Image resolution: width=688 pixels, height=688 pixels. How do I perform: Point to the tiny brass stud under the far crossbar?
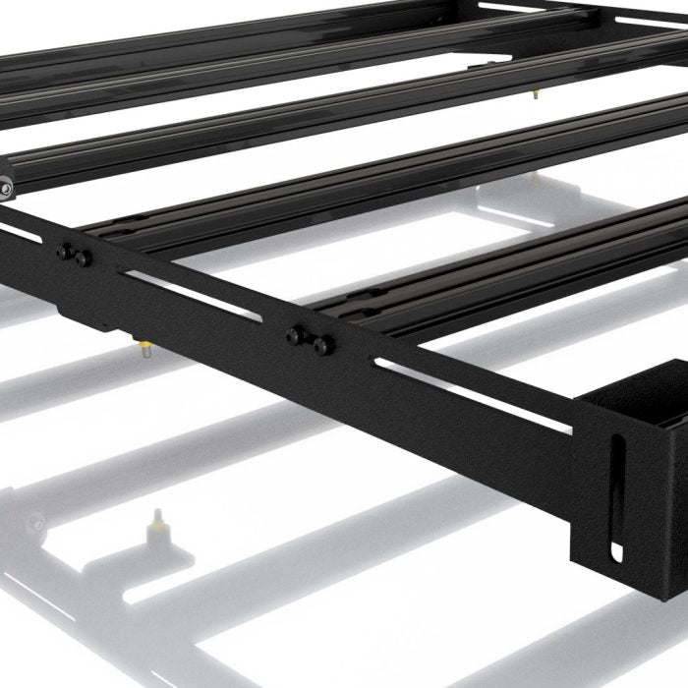(x=535, y=94)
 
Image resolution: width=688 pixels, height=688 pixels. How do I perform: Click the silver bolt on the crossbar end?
(x=7, y=185)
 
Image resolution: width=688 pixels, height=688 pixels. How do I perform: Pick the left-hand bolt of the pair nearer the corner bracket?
(x=296, y=336)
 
